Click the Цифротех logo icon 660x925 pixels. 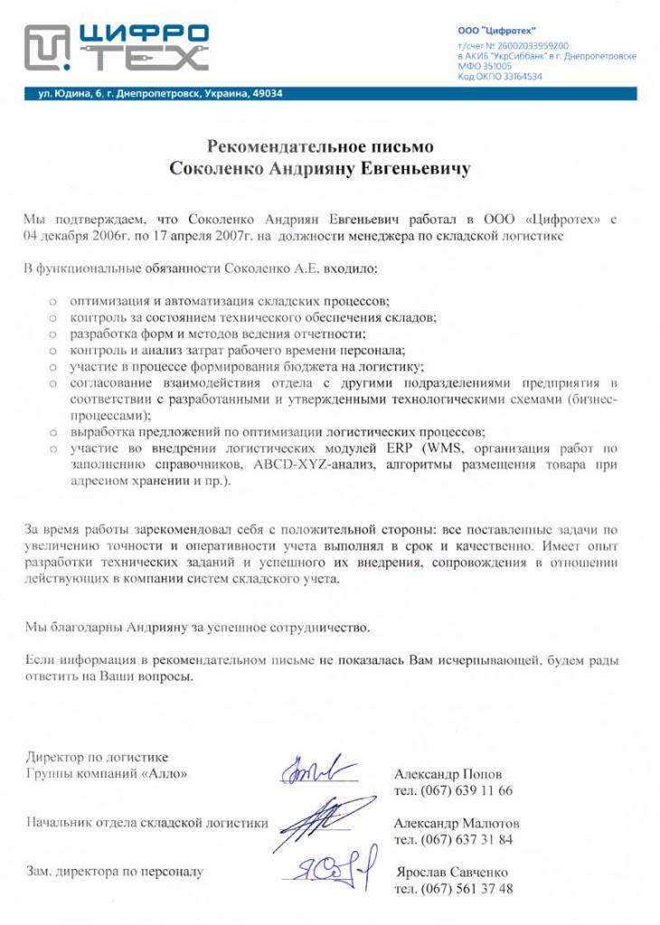pos(46,48)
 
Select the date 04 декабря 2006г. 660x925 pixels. pos(72,236)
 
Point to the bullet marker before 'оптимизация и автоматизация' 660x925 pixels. pos(53,301)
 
